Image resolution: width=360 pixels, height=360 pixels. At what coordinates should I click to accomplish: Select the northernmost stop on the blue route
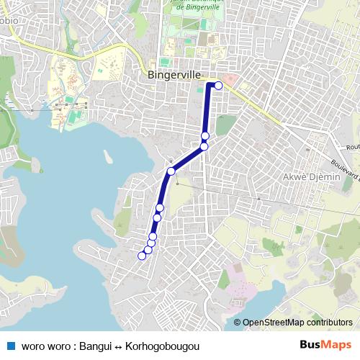pos(218,85)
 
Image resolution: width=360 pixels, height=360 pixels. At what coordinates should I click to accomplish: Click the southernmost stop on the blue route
pos(142,256)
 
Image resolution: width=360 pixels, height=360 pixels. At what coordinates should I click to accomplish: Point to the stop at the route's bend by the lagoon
pos(171,171)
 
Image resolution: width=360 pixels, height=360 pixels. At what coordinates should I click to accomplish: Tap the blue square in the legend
pos(11,346)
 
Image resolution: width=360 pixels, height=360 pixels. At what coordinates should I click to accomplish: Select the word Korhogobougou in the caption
pos(156,346)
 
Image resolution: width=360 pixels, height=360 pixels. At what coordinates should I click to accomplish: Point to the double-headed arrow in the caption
pos(120,346)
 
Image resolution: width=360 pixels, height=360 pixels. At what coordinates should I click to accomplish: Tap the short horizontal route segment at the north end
pos(213,85)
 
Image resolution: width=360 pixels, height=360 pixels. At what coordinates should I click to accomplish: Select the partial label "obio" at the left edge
pos(9,17)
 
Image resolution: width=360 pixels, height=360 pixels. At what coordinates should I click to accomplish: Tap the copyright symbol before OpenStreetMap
pos(237,323)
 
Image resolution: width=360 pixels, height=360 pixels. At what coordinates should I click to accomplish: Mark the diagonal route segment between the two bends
pos(188,158)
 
